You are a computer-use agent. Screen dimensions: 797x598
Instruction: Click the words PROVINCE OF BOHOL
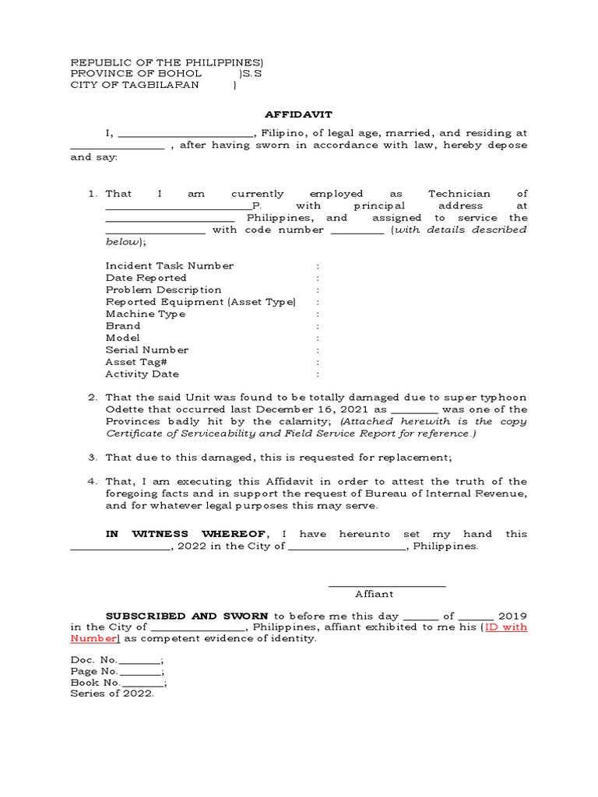tap(136, 73)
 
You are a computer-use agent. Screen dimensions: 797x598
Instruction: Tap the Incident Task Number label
tap(169, 266)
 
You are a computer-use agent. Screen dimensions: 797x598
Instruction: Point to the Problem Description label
tap(164, 290)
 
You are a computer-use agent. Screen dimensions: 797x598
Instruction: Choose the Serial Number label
tap(147, 350)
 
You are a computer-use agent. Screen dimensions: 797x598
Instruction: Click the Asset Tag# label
tap(136, 363)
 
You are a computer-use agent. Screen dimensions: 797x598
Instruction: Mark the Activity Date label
tap(142, 374)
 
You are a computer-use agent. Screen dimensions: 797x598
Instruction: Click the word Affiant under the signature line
tap(374, 594)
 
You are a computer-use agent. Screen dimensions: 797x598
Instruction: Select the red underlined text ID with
tap(506, 627)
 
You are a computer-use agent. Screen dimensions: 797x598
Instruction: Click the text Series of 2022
tap(112, 695)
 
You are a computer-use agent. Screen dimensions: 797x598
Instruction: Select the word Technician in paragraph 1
tap(459, 194)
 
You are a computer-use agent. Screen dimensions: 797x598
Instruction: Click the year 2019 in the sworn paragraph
tap(512, 616)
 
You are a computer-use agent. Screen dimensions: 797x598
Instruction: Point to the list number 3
tap(92, 458)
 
